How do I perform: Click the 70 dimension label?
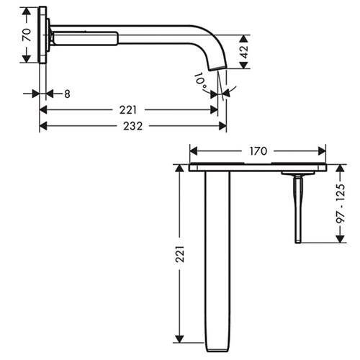click(x=27, y=35)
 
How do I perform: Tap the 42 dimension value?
click(x=244, y=52)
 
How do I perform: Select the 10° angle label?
click(x=200, y=81)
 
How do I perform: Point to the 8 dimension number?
click(x=67, y=94)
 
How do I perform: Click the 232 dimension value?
click(x=132, y=126)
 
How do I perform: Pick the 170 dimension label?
click(x=258, y=151)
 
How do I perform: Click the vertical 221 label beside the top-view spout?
click(x=179, y=253)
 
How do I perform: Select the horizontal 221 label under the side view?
click(x=128, y=110)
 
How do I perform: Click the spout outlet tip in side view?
click(x=217, y=68)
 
